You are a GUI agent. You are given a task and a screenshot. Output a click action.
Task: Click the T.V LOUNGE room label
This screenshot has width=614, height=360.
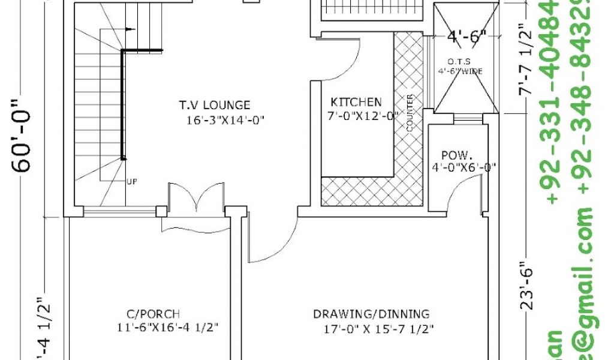tap(214, 105)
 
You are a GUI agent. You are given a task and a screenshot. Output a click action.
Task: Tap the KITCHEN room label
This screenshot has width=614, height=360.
tap(356, 102)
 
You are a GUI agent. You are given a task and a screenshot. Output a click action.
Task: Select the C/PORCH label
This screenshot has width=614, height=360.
tap(153, 314)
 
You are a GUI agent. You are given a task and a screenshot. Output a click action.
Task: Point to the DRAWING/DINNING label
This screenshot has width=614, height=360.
tap(371, 314)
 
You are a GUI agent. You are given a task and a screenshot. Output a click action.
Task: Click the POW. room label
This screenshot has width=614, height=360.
tap(455, 155)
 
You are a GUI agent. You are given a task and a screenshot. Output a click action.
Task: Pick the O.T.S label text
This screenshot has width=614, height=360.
tap(459, 62)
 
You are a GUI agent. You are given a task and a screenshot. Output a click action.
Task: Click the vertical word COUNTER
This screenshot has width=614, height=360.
tap(410, 113)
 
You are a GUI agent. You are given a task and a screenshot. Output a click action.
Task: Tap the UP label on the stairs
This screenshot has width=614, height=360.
tap(131, 181)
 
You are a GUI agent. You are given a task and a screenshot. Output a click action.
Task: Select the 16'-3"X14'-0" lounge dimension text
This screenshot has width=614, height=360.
tap(225, 120)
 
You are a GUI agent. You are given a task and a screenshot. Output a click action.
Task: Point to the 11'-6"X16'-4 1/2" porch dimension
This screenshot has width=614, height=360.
tap(167, 328)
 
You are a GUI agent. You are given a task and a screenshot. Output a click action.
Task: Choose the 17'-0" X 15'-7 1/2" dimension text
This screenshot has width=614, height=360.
tap(378, 328)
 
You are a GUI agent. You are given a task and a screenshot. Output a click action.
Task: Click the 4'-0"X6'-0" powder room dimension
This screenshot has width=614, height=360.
tap(463, 167)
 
